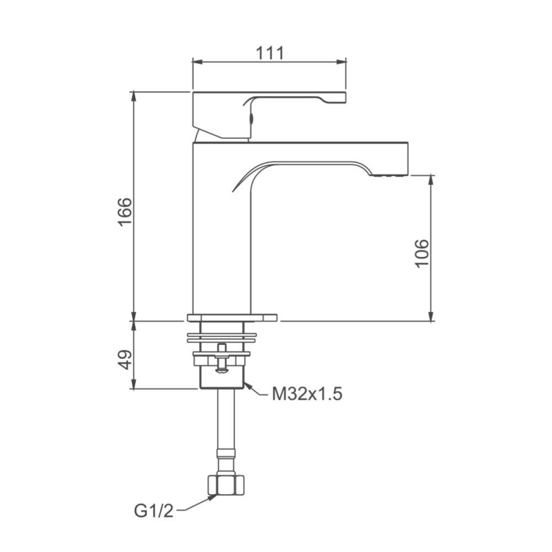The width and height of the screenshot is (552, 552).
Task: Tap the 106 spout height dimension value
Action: [x=422, y=253]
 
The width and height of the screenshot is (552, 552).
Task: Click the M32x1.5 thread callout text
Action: [x=307, y=395]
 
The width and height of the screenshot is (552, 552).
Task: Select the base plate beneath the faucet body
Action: [x=232, y=318]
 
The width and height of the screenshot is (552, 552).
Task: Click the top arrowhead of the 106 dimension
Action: [x=431, y=177]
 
